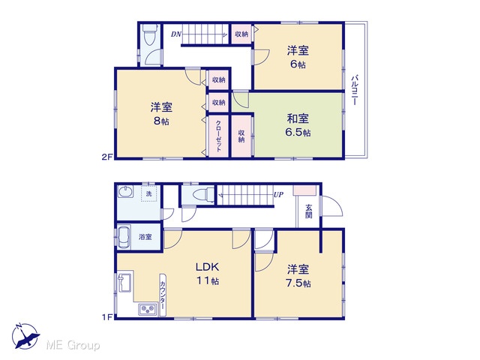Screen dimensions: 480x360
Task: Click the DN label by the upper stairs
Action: click(176, 34)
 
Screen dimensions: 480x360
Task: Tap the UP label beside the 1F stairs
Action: click(278, 194)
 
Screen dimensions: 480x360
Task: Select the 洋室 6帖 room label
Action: click(298, 57)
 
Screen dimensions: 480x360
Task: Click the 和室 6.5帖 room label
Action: click(298, 125)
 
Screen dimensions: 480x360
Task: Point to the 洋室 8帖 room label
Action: click(161, 114)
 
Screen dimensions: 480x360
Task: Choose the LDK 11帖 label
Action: click(208, 274)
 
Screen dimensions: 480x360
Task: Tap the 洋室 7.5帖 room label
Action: click(298, 277)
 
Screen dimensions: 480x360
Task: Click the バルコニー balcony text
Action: click(354, 90)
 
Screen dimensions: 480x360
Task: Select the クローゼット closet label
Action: click(218, 136)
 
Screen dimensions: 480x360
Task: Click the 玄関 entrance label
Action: click(308, 211)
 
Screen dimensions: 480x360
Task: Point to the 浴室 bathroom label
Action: click(145, 237)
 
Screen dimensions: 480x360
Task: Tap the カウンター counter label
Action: click(163, 295)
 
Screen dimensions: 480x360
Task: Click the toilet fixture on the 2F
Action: click(150, 34)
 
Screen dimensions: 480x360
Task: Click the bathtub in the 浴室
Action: click(124, 237)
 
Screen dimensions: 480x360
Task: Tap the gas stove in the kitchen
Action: click(148, 309)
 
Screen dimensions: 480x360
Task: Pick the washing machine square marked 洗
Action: click(148, 193)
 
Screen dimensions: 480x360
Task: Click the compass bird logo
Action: click(25, 336)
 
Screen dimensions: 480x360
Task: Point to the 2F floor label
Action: click(107, 157)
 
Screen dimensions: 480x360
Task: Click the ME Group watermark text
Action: click(73, 345)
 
